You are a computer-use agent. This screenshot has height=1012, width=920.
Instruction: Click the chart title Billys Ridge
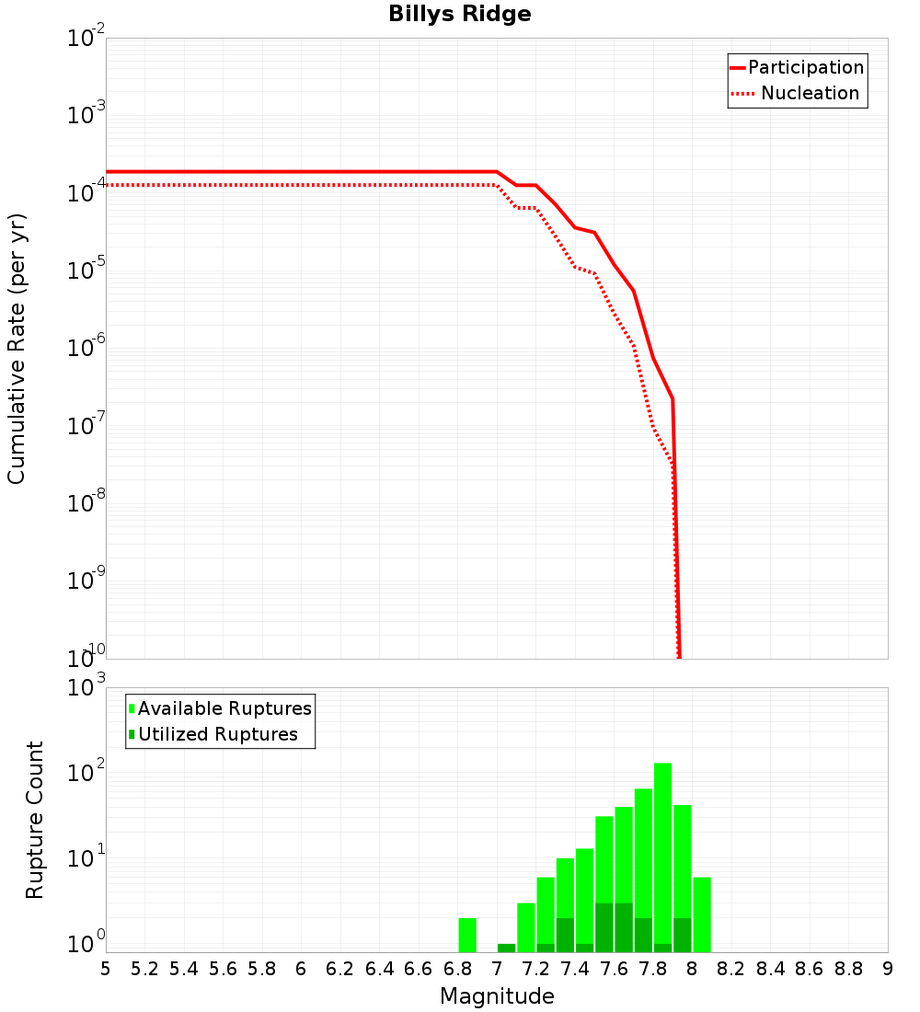point(459,14)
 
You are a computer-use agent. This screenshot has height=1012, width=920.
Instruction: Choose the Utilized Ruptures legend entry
point(217,734)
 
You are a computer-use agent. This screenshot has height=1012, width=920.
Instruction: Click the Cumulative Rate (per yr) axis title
point(17,348)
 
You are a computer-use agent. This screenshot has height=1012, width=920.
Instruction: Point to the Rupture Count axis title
point(35,820)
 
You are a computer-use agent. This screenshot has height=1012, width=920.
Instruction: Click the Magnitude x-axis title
point(497,996)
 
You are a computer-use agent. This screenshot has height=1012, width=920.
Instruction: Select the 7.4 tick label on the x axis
point(575,968)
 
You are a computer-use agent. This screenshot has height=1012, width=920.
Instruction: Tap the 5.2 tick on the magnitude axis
point(145,968)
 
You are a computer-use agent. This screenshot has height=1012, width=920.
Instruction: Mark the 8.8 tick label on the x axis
point(848,968)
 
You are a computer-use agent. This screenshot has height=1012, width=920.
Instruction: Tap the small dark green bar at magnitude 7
point(506,948)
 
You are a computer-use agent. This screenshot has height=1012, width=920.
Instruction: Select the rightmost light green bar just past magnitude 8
point(702,914)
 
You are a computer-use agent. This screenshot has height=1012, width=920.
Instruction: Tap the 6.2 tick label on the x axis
point(340,968)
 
